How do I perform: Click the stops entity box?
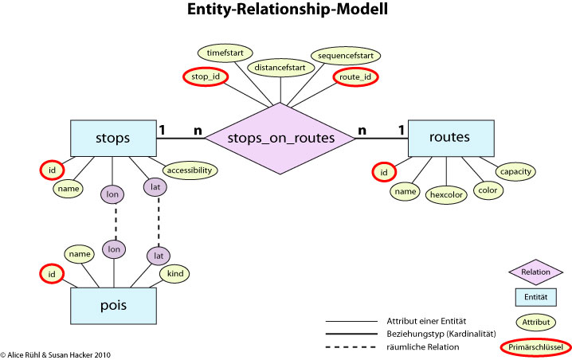(112, 138)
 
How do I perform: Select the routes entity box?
(449, 138)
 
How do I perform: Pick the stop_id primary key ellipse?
(206, 76)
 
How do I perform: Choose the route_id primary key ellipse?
(355, 76)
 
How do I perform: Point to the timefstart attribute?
(229, 52)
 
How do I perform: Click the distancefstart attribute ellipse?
(280, 68)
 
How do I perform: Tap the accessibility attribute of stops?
(190, 170)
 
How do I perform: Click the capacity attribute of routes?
(515, 170)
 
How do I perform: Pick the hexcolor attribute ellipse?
(447, 194)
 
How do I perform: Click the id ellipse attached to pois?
(52, 274)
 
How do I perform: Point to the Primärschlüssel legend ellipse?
(535, 348)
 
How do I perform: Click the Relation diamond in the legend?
(535, 272)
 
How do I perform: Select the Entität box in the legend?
(535, 297)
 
